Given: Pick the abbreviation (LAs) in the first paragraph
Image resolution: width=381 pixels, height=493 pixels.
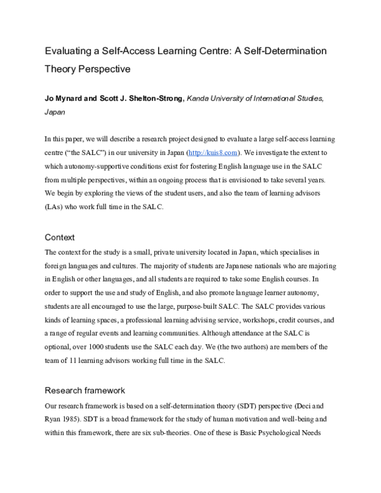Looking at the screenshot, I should point(56,206).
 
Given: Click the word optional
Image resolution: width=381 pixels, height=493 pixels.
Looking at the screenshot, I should point(59,347).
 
